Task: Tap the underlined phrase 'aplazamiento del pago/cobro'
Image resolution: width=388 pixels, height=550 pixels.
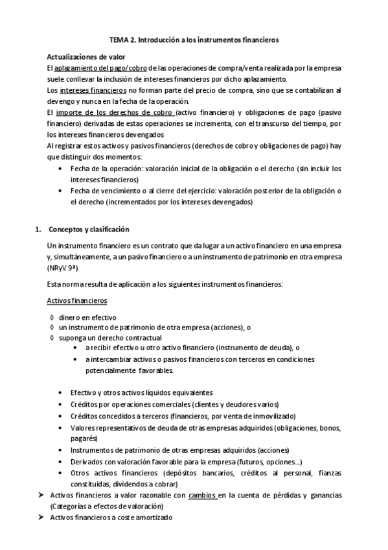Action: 100,67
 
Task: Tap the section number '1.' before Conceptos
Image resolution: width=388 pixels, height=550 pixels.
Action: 37,230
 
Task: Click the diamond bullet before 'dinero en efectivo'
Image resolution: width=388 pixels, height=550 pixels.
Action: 51,318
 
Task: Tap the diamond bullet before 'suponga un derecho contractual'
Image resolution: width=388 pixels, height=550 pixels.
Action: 51,337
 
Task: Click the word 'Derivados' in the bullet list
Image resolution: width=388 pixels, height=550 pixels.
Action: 86,461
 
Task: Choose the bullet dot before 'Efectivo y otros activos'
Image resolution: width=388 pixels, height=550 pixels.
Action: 62,393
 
